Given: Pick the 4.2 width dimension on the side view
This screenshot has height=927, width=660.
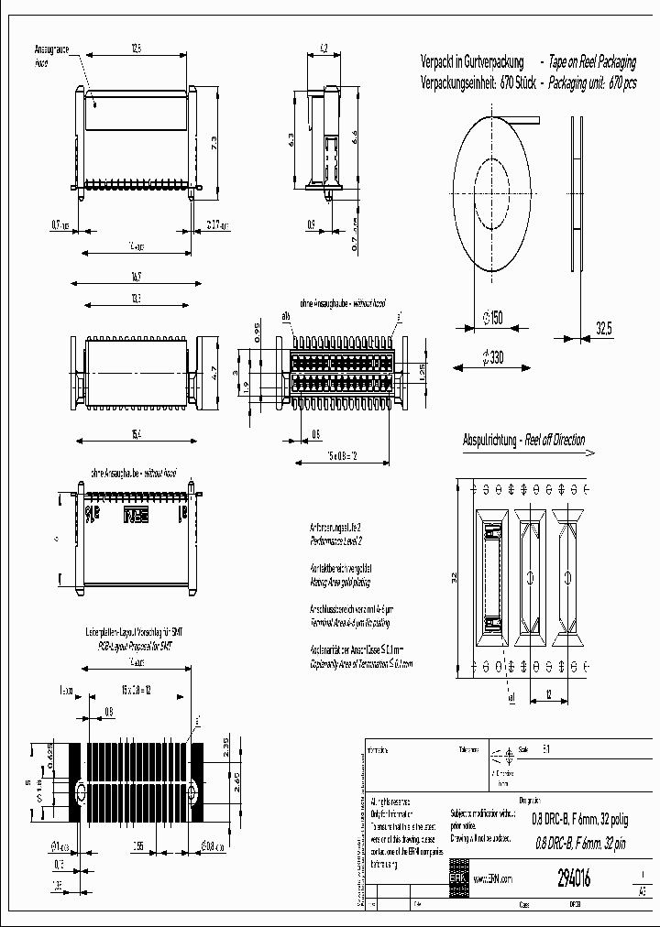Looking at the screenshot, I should coord(324,47).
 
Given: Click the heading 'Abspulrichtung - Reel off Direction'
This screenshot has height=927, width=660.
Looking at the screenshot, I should coord(523,441).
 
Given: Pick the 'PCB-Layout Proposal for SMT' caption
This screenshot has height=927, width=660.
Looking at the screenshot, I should coord(135,645).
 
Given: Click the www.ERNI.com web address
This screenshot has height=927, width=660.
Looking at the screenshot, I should coord(491,878).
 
